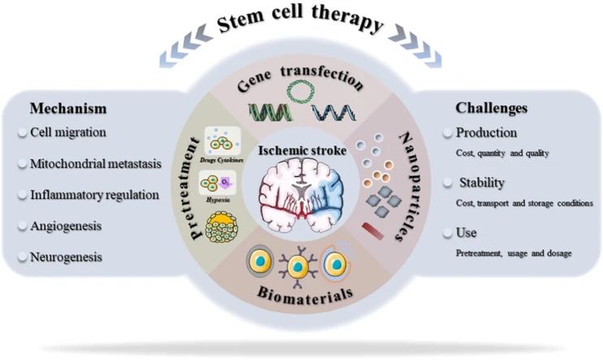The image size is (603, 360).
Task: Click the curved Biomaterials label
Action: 302,293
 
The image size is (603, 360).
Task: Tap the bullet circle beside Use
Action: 449,233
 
